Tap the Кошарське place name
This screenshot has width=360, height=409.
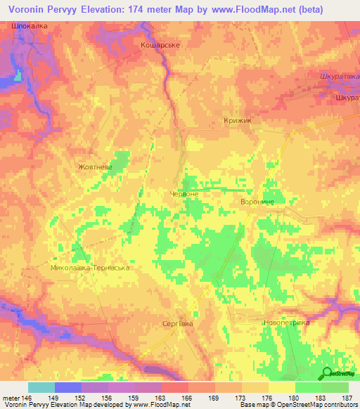coord(161,44)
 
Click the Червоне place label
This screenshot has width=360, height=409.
coord(185,193)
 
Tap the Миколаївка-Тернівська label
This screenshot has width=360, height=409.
coord(91,268)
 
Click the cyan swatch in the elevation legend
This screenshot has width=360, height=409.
coord(41,387)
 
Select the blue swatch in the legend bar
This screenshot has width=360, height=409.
coord(68,387)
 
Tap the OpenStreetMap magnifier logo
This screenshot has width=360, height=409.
coord(328,373)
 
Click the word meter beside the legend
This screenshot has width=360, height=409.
coord(11,398)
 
